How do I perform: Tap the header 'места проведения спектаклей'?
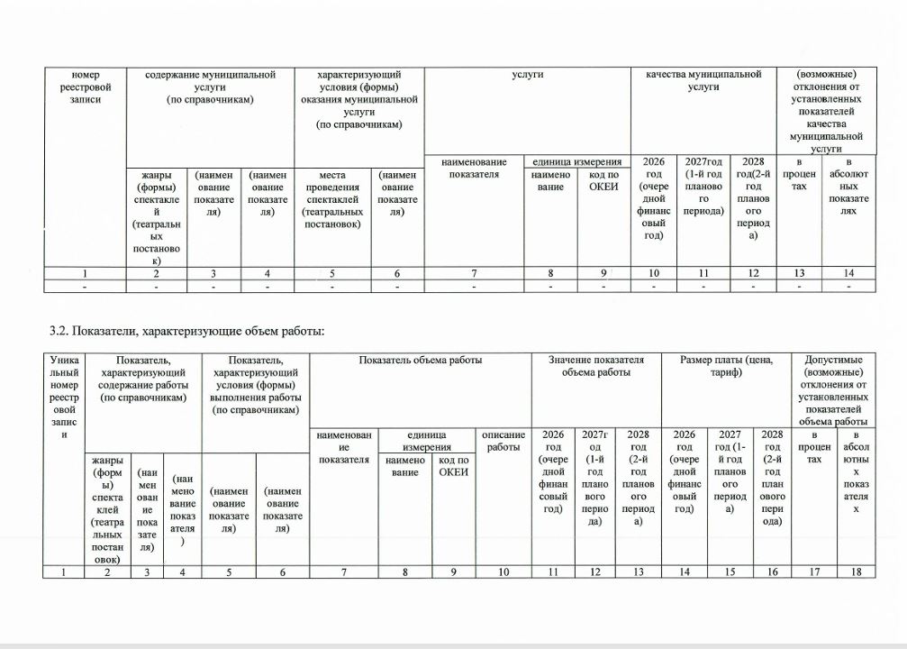(332, 198)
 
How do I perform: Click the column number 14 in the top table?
(848, 272)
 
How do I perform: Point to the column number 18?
(857, 571)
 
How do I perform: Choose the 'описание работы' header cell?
(503, 441)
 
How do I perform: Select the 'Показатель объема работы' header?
(420, 360)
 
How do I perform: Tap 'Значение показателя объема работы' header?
(596, 366)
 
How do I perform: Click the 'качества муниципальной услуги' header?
(703, 80)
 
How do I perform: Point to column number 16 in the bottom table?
(772, 571)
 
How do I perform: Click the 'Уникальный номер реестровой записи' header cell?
(64, 397)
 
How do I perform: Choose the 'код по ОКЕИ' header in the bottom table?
(454, 467)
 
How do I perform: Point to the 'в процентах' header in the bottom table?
(814, 447)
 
